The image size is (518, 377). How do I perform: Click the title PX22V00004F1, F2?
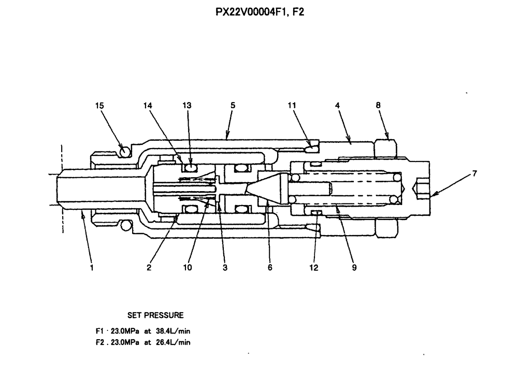coord(260,11)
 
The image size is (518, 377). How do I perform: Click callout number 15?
coord(99,105)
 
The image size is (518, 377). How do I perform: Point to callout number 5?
coord(233,105)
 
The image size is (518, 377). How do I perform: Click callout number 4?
coord(337,105)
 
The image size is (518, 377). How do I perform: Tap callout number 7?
coord(474,174)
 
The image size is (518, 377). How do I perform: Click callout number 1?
coord(92,268)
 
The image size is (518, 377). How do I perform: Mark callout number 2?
coord(149,268)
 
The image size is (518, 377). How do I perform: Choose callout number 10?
coord(187,268)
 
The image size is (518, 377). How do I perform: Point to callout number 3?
coord(225,268)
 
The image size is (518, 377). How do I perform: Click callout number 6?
coord(270,268)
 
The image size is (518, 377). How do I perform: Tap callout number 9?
coord(354,268)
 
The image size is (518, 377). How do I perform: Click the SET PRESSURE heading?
coord(155,315)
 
